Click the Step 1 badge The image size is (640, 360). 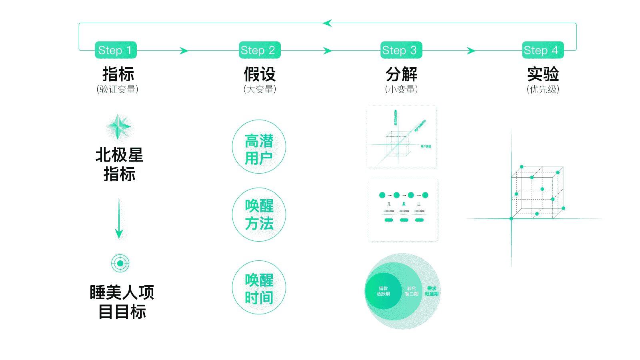115,50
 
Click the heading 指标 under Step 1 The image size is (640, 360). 118,74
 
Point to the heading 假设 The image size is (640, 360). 260,74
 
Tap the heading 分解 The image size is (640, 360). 401,74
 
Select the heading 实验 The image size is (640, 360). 543,74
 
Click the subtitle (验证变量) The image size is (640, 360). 118,89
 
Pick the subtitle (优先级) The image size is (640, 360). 543,89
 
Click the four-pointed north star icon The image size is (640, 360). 118,126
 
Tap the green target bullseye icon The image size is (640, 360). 120,263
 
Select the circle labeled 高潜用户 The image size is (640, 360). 259,146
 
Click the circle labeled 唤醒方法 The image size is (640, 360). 259,214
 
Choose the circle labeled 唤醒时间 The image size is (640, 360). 259,287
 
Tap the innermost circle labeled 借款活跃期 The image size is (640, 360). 383,291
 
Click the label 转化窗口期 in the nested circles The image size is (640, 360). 412,291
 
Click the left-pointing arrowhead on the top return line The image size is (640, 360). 327,23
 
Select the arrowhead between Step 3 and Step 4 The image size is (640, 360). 471,51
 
